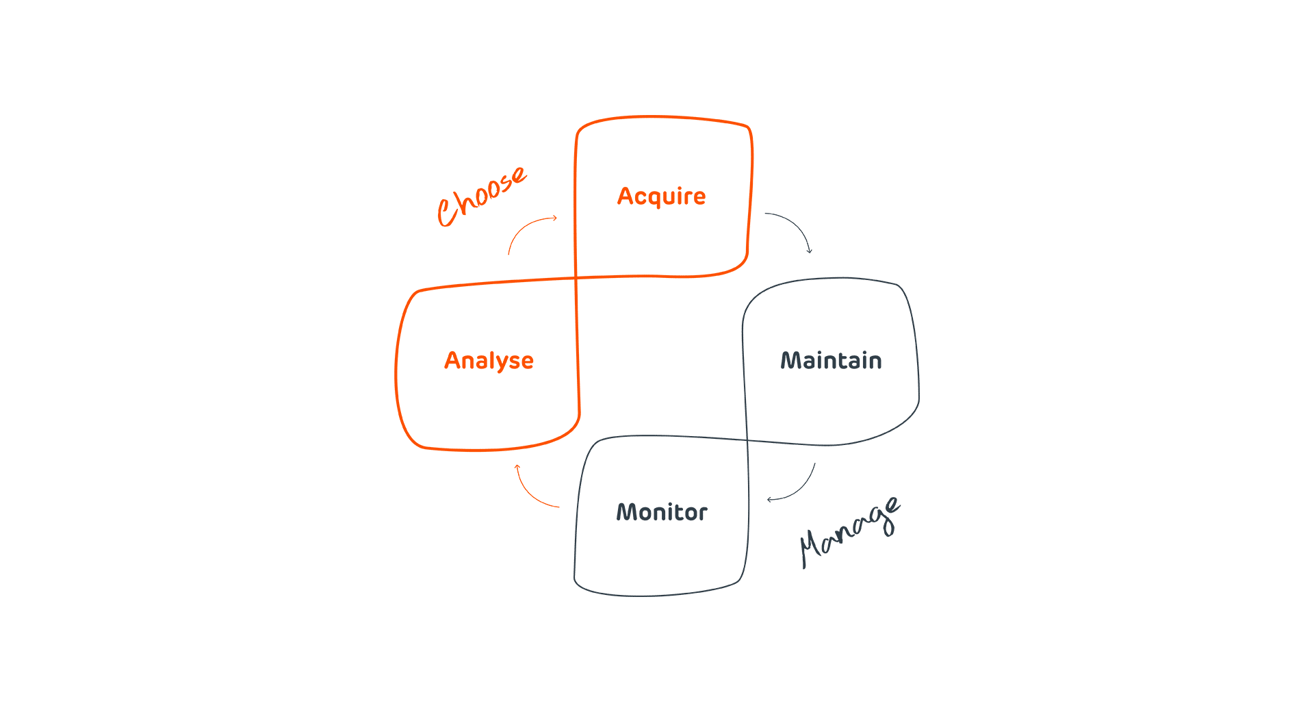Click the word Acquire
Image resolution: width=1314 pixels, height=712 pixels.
[661, 196]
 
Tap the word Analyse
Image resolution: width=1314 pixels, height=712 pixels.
[489, 361]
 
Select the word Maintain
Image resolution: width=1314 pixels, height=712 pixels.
[831, 361]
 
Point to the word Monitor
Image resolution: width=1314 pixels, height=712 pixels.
[661, 512]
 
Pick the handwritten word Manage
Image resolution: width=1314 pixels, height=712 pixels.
[849, 533]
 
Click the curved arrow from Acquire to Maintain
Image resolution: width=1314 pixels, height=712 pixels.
[794, 225]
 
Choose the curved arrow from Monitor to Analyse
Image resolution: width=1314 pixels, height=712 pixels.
[530, 493]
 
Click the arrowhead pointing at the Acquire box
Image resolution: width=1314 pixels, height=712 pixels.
[554, 218]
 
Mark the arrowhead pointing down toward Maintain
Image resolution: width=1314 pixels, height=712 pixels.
[810, 251]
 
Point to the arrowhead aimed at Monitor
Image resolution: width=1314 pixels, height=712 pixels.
[771, 499]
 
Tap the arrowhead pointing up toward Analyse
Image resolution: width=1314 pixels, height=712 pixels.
[517, 468]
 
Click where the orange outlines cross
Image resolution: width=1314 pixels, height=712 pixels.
[576, 278]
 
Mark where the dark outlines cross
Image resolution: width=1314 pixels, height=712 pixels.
[746, 441]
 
